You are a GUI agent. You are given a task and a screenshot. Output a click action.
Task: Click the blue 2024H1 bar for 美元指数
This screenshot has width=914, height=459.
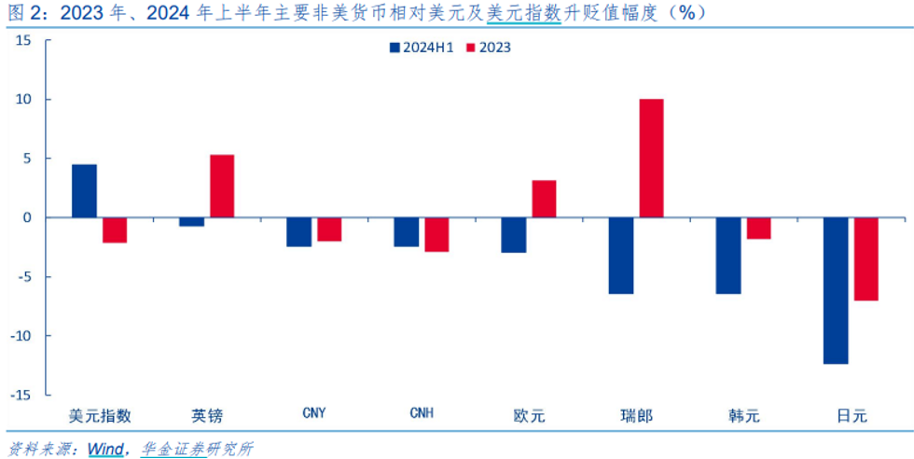[84, 191]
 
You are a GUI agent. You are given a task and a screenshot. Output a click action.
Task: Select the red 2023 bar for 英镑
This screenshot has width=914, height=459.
[222, 186]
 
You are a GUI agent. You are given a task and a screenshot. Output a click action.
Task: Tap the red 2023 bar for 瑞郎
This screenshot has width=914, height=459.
[651, 159]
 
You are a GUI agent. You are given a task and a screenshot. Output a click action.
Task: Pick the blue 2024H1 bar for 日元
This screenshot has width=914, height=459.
[836, 290]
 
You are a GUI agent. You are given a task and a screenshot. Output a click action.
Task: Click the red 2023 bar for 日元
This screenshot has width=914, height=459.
[866, 258]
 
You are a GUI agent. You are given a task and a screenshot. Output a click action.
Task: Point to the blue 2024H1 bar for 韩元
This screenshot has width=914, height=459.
[728, 256]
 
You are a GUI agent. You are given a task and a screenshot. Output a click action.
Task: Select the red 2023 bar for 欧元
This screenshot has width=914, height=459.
[544, 199]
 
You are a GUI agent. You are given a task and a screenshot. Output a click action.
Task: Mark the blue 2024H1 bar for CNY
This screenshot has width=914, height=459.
[298, 232]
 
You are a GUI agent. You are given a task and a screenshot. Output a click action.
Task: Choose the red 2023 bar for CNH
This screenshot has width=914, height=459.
[436, 234]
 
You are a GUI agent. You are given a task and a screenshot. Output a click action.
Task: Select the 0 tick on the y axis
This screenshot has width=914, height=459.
[27, 217]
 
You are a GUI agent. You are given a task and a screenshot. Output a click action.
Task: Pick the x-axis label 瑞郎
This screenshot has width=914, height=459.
[636, 415]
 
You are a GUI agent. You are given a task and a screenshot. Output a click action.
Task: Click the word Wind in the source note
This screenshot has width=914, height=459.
[105, 449]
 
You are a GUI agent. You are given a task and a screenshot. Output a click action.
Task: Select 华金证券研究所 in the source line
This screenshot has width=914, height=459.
[197, 449]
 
